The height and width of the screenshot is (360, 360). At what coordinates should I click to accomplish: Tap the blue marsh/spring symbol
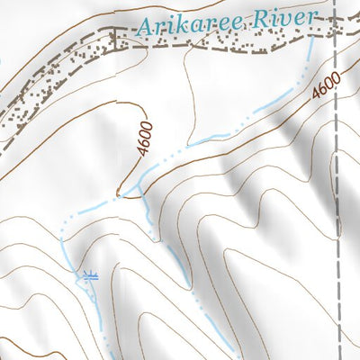(88, 275)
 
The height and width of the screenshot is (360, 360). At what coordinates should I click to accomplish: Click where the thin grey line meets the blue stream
(188, 142)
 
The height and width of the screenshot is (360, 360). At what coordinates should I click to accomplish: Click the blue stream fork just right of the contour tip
(139, 193)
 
